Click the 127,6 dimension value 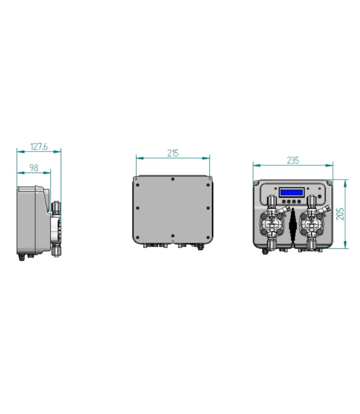coord(39,146)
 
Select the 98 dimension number coord(34,167)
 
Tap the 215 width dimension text coord(173,153)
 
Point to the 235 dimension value coord(292,160)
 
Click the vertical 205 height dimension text coord(341,213)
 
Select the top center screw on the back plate coord(173,179)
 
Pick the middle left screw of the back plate coord(137,207)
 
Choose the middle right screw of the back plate coord(208,207)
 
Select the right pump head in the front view coord(313,222)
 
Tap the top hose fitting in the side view coord(56,207)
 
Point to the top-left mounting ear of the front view coord(257,183)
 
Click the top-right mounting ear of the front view coord(331,183)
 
